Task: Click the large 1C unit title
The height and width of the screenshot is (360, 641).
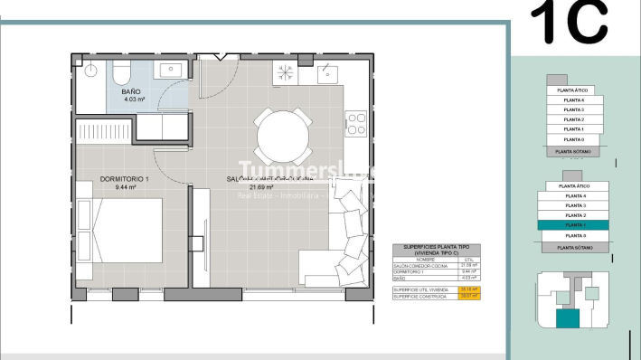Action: coord(569,23)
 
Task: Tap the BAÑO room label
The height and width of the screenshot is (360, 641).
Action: coord(131,92)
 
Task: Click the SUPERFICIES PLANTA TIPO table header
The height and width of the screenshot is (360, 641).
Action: coord(437,251)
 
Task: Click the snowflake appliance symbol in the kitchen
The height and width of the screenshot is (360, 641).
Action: coord(286,72)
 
